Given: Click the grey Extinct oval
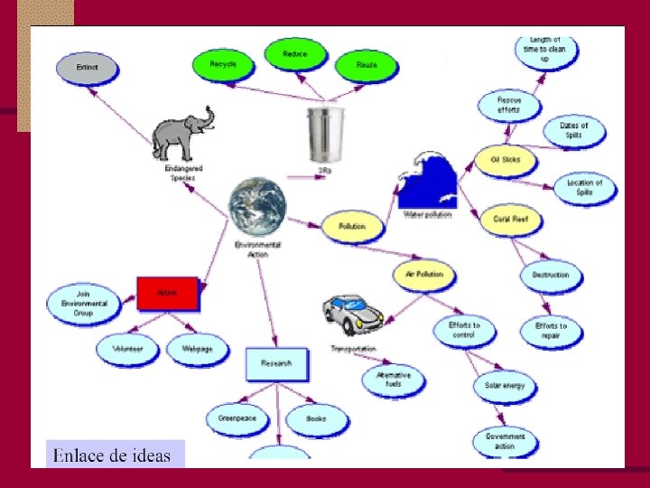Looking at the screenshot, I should (88, 67).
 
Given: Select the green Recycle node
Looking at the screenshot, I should (223, 64).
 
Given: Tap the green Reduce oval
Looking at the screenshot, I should (294, 54).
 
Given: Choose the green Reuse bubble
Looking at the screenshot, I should (366, 65).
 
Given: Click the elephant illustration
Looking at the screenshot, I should (183, 133).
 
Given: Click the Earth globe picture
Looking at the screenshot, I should (256, 207).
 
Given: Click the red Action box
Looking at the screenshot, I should (167, 293).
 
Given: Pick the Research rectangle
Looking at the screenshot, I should (276, 363).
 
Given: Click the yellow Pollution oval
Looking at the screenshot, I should (351, 225).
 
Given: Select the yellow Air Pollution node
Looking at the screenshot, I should (423, 273).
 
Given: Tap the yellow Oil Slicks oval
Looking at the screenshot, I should (505, 161).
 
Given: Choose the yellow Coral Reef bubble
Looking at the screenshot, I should (510, 219).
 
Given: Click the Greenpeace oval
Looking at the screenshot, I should (237, 418).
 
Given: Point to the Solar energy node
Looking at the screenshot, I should (505, 386).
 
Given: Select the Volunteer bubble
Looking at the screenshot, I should (127, 349).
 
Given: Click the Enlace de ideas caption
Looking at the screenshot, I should (113, 455).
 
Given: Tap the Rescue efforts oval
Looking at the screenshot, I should (509, 105).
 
